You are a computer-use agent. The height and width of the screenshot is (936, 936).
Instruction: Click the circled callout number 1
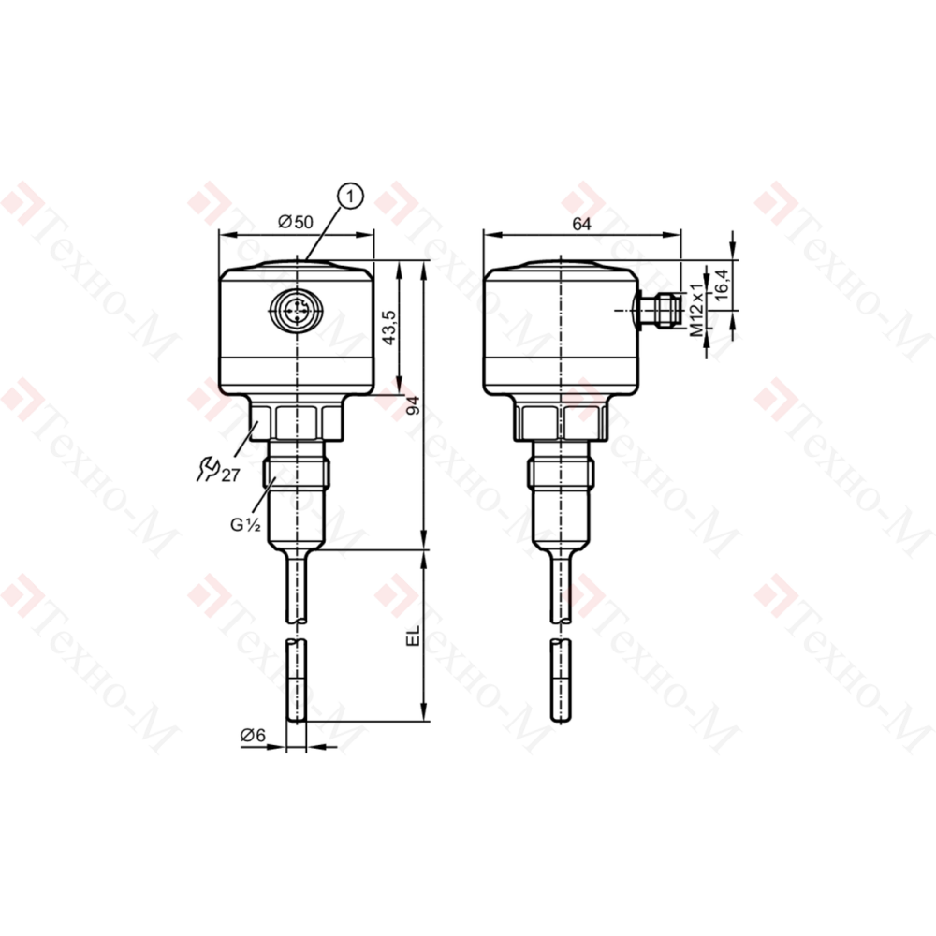tap(350, 196)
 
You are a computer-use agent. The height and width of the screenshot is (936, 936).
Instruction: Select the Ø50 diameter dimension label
tap(296, 222)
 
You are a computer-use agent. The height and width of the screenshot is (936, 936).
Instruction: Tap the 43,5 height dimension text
tap(389, 327)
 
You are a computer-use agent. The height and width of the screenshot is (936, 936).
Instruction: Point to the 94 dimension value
tap(413, 404)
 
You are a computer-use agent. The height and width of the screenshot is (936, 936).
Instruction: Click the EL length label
tap(413, 636)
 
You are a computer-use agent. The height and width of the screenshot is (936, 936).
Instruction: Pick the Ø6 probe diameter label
tap(253, 735)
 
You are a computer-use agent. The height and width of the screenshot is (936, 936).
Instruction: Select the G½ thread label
tap(246, 525)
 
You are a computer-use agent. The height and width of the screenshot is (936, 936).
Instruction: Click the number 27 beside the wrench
tap(230, 475)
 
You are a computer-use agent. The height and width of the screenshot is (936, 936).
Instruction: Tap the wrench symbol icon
tap(209, 468)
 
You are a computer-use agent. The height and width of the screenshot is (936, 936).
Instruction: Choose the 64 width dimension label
tap(581, 224)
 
